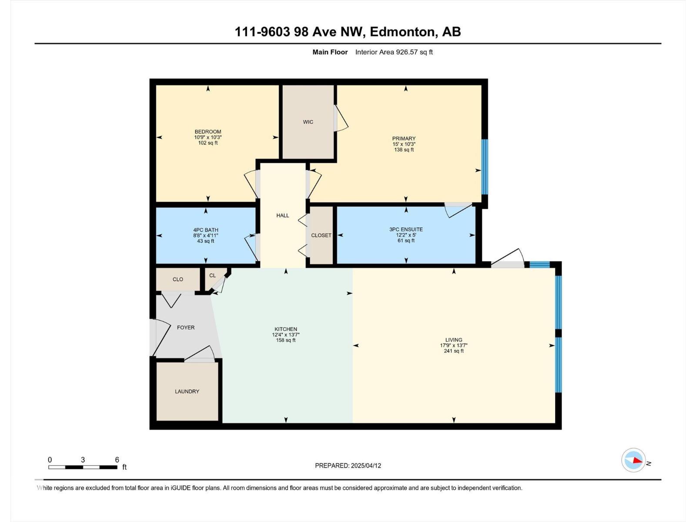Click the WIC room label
click(308, 122)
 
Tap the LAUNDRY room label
click(187, 391)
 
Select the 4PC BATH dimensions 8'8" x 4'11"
click(206, 235)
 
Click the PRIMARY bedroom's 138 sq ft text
click(404, 150)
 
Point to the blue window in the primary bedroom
click(484, 167)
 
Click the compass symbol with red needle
click(633, 460)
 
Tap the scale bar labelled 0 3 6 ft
click(83, 467)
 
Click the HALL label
click(283, 215)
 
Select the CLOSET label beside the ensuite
click(321, 235)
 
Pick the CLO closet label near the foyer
click(178, 279)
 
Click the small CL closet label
click(212, 275)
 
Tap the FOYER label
click(186, 328)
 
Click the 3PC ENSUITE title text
click(406, 229)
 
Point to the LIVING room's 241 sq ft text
click(454, 351)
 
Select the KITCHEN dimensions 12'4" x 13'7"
click(286, 335)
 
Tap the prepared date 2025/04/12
click(366, 465)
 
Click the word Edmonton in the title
click(402, 32)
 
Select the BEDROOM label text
click(208, 132)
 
